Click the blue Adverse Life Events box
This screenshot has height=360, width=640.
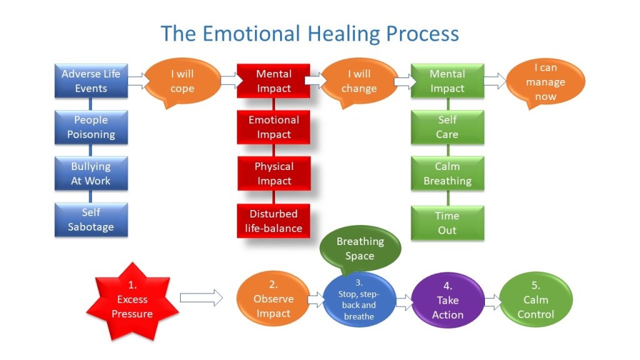(91, 81)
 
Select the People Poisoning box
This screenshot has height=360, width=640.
(91, 127)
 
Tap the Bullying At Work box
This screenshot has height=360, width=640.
(91, 174)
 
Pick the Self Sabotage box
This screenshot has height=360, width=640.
(91, 220)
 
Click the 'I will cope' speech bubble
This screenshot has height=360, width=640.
(182, 82)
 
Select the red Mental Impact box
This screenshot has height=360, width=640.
(274, 81)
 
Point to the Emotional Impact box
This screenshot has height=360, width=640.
(274, 127)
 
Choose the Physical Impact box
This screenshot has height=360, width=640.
(274, 174)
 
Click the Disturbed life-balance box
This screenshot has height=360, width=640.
(274, 221)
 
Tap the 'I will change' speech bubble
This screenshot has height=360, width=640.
(359, 81)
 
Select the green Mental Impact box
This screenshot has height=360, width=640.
(447, 81)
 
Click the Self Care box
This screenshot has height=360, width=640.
(447, 127)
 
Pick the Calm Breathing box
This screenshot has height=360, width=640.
(447, 174)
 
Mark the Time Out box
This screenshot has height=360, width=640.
(447, 223)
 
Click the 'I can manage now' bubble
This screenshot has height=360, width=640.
(545, 82)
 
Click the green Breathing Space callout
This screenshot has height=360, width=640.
(359, 247)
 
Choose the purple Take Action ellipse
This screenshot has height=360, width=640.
(447, 301)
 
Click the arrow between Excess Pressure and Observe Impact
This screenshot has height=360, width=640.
(201, 297)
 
